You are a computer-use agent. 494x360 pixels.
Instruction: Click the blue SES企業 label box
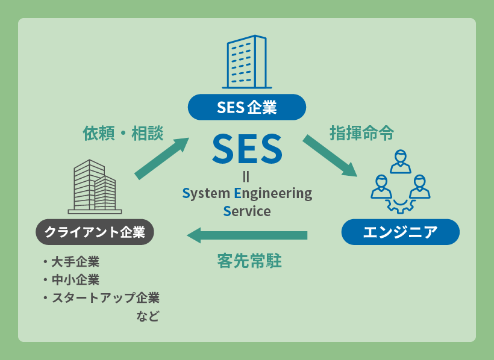pos(247,108)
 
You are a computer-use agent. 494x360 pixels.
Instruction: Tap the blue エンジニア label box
pos(400,232)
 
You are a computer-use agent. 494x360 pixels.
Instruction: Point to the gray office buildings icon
pos(95,187)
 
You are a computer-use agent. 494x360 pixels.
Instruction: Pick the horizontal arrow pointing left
pos(248,234)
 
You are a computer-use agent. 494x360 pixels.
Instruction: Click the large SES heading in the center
pos(247,149)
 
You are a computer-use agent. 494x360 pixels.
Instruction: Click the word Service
pos(247,211)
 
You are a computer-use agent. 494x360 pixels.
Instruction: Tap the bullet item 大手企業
pos(75,262)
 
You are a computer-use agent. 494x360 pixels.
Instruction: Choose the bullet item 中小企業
pos(75,280)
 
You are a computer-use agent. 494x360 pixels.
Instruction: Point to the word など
pos(147,316)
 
